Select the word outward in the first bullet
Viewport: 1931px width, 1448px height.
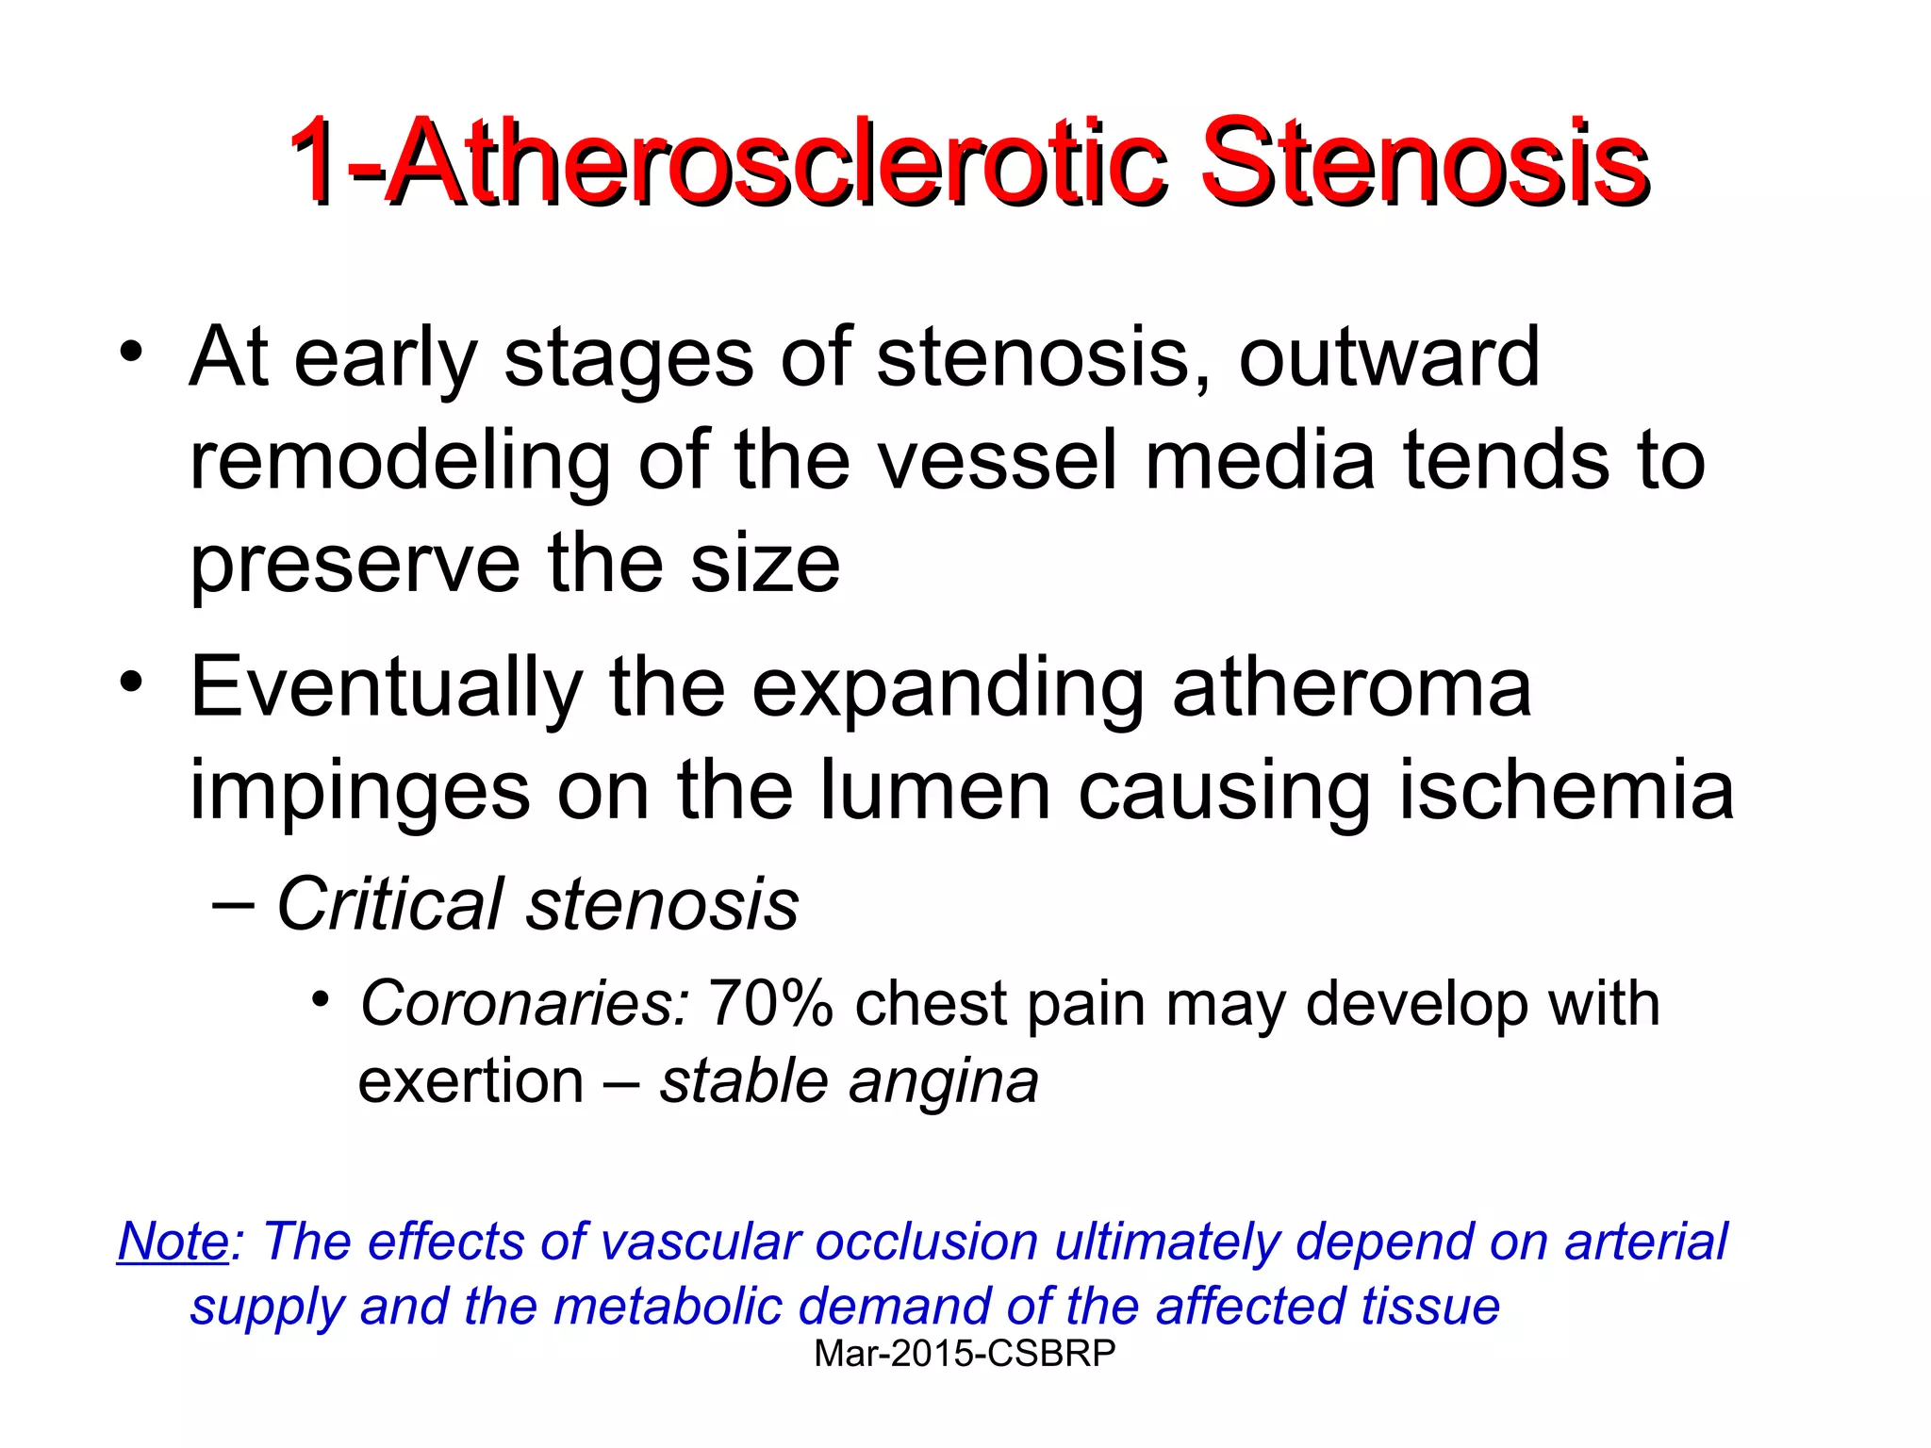coord(1388,358)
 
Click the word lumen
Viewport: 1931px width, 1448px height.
coord(934,792)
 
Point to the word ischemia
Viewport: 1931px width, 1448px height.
coord(1565,792)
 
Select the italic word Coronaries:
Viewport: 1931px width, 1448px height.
coord(524,1004)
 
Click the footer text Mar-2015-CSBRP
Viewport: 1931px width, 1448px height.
coord(965,1354)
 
